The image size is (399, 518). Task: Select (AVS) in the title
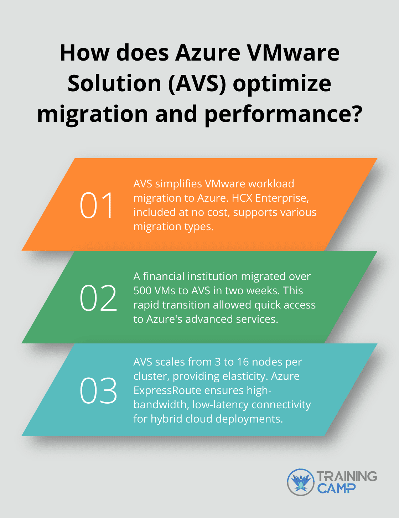click(x=197, y=84)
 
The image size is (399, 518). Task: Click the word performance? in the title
click(x=283, y=114)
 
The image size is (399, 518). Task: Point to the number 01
click(x=97, y=205)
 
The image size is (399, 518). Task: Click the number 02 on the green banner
click(x=98, y=298)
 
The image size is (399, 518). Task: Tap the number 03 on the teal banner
click(x=98, y=391)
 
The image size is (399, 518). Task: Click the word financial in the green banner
click(x=164, y=276)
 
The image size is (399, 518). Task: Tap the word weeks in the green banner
click(x=262, y=291)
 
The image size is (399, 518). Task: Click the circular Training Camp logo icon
click(x=301, y=482)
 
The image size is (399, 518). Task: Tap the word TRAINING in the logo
click(x=347, y=476)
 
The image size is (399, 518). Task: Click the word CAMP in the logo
click(x=336, y=488)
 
